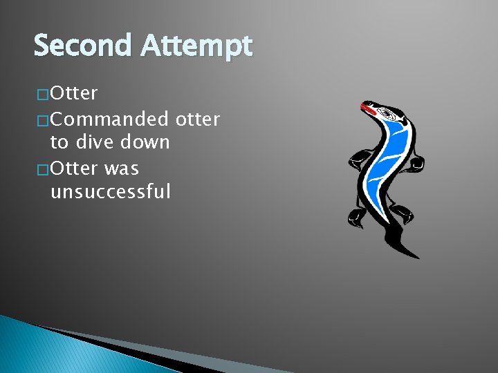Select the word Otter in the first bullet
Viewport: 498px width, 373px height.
(x=74, y=93)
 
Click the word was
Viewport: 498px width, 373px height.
(x=121, y=168)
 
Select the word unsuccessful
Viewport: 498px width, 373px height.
(x=110, y=191)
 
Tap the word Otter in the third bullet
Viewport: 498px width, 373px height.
(x=74, y=168)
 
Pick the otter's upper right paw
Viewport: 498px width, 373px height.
(x=416, y=164)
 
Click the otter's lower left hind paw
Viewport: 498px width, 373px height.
(x=357, y=218)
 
